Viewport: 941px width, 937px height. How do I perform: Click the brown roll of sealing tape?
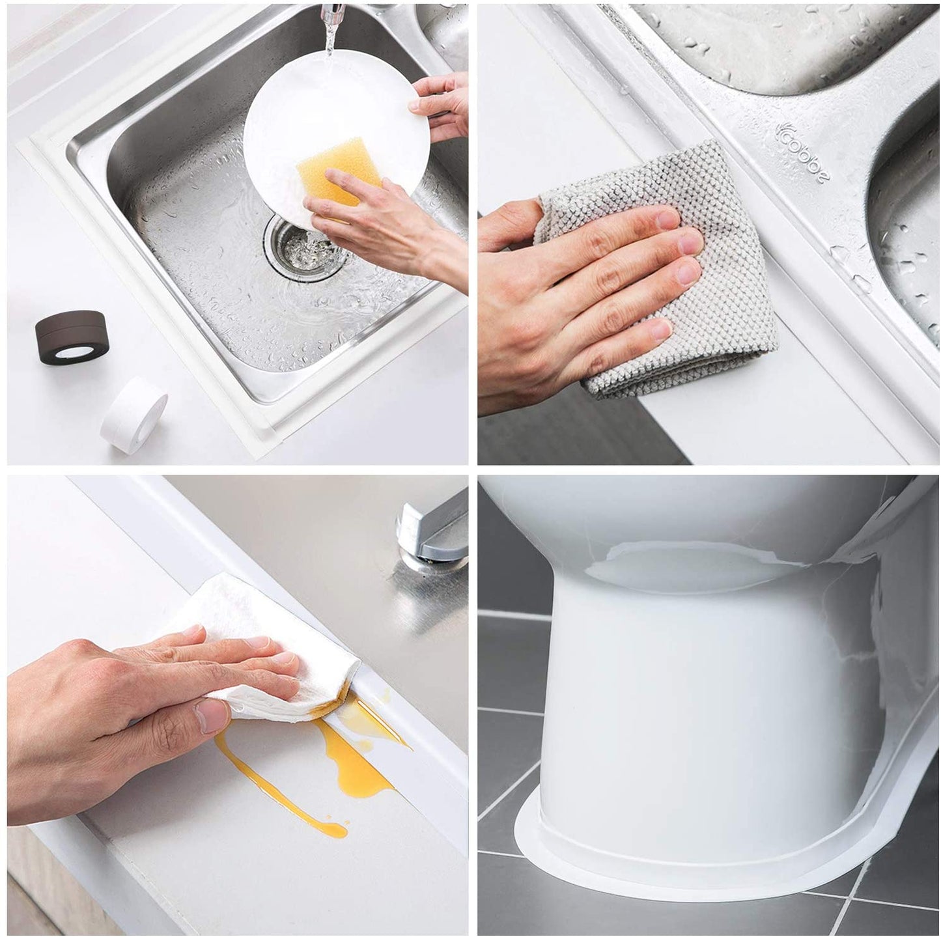coord(70,336)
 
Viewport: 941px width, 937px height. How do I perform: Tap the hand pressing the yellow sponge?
coord(386,225)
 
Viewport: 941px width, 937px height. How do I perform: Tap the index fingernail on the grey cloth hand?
coord(667,219)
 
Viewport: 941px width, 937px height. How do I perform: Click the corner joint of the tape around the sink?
coord(266,434)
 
